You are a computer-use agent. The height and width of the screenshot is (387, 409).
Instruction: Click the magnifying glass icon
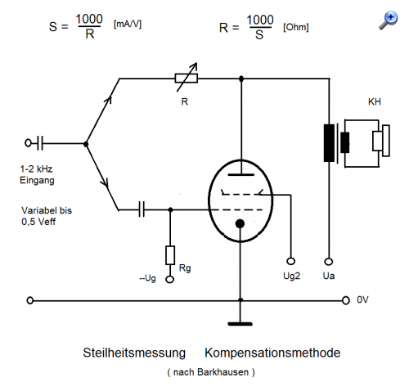click(389, 20)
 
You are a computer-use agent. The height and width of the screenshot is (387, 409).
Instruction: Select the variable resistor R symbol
click(187, 79)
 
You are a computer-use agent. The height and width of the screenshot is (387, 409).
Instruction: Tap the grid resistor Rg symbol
click(170, 255)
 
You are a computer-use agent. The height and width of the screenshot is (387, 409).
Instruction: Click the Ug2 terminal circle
click(291, 261)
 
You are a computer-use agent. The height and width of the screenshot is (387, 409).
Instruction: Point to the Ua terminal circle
click(329, 262)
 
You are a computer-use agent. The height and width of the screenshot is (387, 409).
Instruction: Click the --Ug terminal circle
click(170, 279)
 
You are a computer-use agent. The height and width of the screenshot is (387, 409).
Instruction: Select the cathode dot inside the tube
click(240, 224)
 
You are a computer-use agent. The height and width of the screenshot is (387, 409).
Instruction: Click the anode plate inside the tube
click(241, 174)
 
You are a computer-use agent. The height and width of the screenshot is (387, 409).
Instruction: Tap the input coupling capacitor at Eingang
click(40, 143)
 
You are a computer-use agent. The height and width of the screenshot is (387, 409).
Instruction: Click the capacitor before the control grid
click(142, 209)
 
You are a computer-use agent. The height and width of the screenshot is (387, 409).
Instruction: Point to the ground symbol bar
click(240, 324)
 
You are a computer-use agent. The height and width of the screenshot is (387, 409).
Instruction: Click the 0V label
click(362, 299)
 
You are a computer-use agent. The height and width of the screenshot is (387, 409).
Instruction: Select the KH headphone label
click(375, 101)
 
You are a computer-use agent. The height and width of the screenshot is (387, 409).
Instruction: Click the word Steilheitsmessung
click(134, 353)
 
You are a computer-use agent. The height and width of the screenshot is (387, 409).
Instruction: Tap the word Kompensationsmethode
click(272, 353)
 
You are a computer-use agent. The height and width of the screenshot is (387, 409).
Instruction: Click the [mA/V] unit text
click(128, 25)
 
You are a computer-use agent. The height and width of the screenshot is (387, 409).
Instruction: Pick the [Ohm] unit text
click(296, 27)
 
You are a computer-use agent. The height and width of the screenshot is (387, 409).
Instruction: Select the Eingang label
click(37, 181)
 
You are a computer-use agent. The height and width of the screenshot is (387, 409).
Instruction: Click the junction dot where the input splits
click(86, 144)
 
